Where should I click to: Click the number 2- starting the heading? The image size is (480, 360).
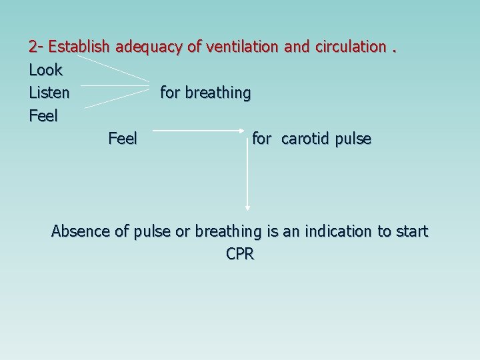[36, 47]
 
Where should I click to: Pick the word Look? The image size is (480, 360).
[45, 69]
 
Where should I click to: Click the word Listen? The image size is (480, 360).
[49, 93]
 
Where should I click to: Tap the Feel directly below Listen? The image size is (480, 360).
[43, 116]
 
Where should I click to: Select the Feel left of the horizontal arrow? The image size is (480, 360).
[122, 139]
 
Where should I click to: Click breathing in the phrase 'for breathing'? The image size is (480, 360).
[218, 93]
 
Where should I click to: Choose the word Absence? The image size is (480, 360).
[81, 231]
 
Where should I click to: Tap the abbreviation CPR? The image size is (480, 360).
[240, 254]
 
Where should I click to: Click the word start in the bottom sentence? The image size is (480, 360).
[413, 231]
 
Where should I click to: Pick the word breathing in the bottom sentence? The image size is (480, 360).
[227, 231]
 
